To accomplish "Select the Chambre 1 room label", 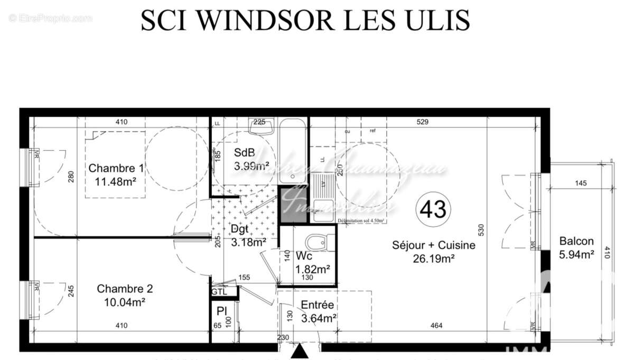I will pos(116,169).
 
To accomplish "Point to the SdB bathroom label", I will pos(244,153).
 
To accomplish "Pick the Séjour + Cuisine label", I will pos(433,245).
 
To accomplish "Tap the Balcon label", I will pos(576,241).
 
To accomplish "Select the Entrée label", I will pos(317,305).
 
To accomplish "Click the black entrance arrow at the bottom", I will pos(299,351).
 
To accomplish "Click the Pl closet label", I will pos(221,311).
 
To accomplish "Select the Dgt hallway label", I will pos(240,229).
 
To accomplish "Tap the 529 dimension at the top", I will pos(422,122).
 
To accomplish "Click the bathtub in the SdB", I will pos(292,151).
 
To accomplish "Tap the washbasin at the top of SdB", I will pos(260,127).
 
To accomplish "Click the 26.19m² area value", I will pos(433,259).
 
